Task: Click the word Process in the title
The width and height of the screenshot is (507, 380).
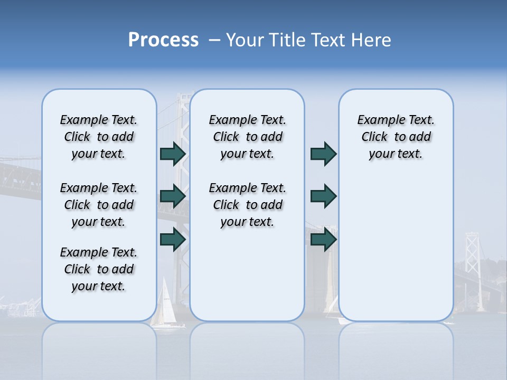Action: (x=163, y=40)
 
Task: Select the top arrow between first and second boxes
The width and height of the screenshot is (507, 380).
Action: (x=173, y=154)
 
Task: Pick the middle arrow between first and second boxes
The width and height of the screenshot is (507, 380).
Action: (x=173, y=196)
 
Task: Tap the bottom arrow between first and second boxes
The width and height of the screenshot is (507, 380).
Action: (x=173, y=239)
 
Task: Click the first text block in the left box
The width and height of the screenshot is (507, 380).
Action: (x=99, y=137)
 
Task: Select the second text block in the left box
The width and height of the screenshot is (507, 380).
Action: (x=99, y=205)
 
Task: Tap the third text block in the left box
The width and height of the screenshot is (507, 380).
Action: (x=99, y=269)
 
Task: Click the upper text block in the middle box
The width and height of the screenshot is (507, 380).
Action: (x=247, y=137)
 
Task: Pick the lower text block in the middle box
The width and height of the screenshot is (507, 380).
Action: (x=247, y=205)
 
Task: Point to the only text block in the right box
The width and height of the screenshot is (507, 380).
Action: (x=396, y=137)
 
